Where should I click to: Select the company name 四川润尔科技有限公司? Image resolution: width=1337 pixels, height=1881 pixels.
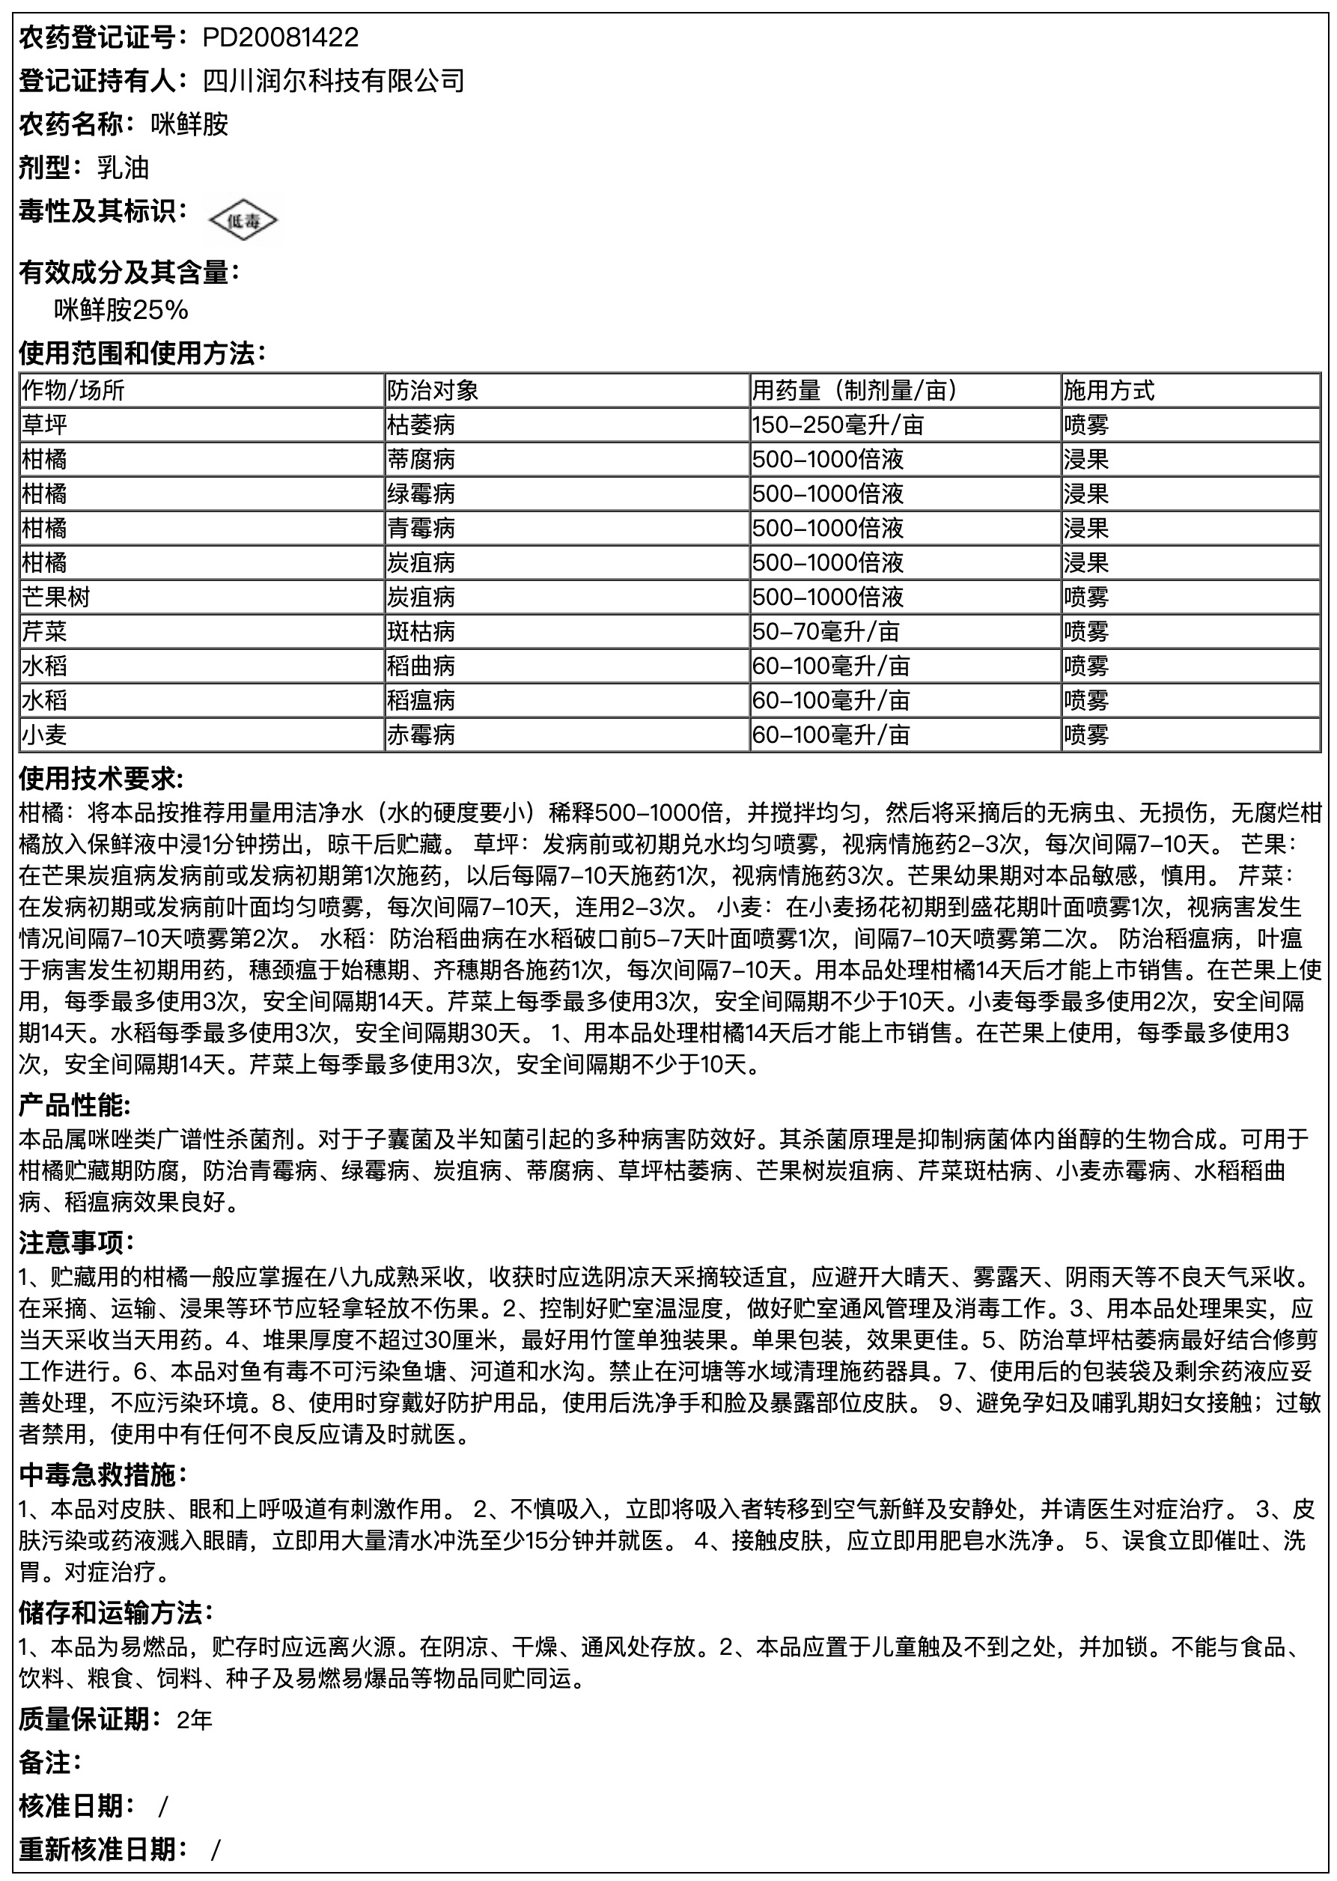pyautogui.click(x=333, y=81)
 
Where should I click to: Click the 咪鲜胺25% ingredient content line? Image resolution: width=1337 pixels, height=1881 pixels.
pyautogui.click(x=121, y=310)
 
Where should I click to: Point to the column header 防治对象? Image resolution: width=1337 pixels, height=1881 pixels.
pyautogui.click(x=433, y=390)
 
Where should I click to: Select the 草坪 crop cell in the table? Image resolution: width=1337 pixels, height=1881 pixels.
pyautogui.click(x=44, y=425)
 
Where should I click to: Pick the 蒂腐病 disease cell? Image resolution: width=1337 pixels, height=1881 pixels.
pyautogui.click(x=421, y=460)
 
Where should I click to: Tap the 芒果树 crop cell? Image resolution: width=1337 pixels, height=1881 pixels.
pyautogui.click(x=56, y=597)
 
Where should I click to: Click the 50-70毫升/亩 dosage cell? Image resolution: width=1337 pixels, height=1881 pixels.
pyautogui.click(x=825, y=632)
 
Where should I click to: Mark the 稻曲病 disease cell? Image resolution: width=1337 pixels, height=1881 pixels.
pyautogui.click(x=421, y=666)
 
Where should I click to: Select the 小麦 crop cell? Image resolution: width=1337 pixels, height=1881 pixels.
pyautogui.click(x=44, y=735)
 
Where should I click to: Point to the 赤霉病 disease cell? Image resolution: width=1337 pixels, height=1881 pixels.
pyautogui.click(x=421, y=735)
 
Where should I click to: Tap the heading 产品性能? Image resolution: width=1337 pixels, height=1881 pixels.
pyautogui.click(x=75, y=1105)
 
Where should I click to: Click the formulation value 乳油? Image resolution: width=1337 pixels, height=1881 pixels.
pyautogui.click(x=123, y=168)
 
